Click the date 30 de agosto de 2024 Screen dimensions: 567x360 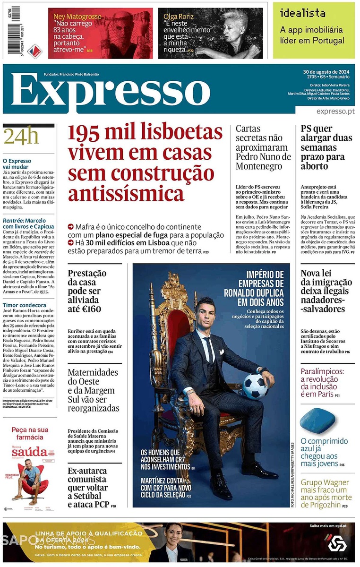point(326,72)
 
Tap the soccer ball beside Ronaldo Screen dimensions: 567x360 point(256,386)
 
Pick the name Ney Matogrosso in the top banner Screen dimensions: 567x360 point(77,17)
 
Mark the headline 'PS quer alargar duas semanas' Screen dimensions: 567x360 point(326,147)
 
